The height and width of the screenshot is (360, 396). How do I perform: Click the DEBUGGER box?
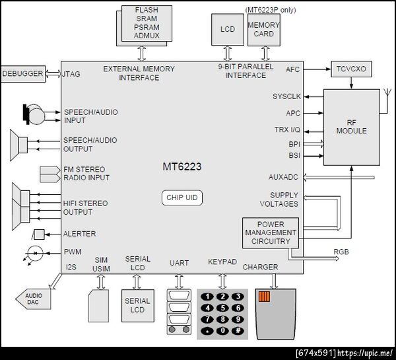[23, 74]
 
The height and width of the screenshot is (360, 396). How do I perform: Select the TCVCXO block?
[351, 69]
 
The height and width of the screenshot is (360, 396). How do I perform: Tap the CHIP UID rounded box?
[182, 198]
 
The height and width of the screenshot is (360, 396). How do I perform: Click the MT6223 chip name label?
[182, 166]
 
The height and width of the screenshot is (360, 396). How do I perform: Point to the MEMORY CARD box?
[264, 30]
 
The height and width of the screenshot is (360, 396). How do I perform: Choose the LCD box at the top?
[228, 30]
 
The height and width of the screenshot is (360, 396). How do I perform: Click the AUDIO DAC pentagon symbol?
[33, 299]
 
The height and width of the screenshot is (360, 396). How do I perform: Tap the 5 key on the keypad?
[223, 308]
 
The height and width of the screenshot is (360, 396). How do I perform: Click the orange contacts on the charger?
[264, 297]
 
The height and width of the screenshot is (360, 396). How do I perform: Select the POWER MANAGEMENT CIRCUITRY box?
[271, 233]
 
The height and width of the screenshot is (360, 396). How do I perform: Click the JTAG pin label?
[71, 74]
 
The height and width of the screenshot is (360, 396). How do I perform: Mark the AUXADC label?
[283, 177]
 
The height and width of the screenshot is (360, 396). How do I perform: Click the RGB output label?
[341, 252]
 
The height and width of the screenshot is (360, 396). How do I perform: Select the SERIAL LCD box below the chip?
[138, 306]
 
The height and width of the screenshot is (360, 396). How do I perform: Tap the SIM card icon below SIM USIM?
[98, 306]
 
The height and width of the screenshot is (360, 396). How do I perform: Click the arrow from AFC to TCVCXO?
[317, 69]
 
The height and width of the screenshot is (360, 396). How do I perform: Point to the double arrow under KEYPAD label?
[222, 281]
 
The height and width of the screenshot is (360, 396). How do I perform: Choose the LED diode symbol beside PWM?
[34, 253]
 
